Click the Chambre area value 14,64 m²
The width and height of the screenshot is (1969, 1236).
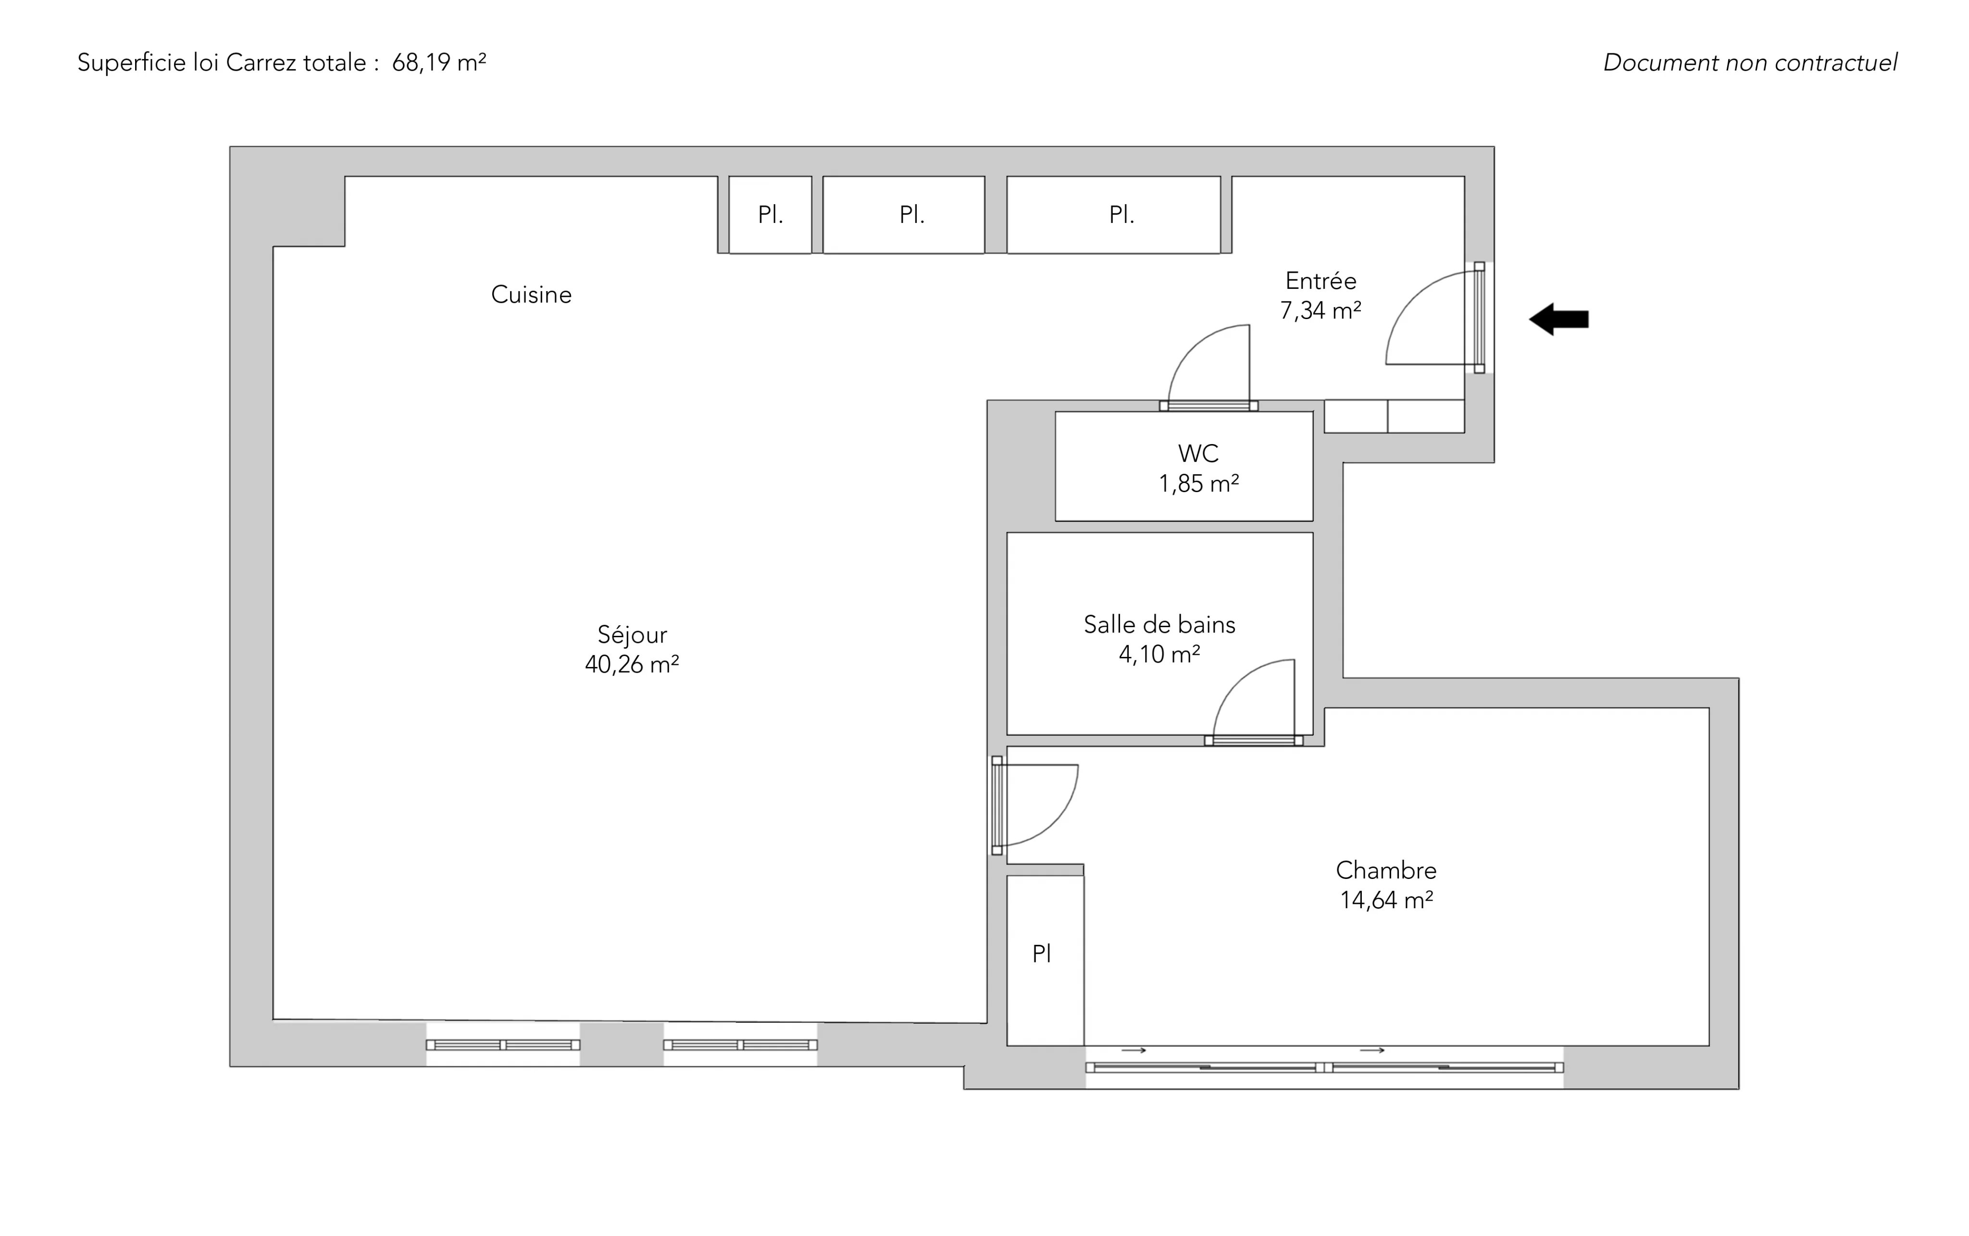1386,900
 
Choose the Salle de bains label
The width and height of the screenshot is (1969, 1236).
1159,625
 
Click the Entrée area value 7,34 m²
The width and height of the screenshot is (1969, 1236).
1321,310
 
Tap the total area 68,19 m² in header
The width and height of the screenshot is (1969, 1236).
439,63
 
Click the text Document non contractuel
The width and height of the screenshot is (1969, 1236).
1750,63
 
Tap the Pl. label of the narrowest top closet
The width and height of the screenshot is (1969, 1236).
770,214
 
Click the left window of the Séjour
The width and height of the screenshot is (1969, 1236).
503,1045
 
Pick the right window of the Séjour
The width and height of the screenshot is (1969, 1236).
740,1045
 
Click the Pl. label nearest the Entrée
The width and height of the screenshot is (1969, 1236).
1121,214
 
